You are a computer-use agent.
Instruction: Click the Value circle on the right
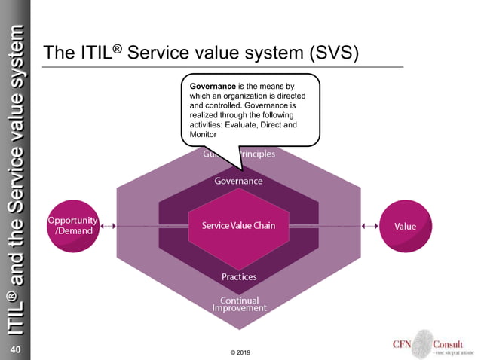(x=405, y=226)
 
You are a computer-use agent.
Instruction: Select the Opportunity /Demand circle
(x=73, y=225)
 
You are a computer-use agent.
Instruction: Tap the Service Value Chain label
(x=238, y=226)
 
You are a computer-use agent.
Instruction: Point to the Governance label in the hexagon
(x=238, y=182)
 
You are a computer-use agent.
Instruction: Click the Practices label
(x=239, y=276)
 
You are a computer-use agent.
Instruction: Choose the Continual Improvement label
(x=239, y=304)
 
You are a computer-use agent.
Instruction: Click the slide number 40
(x=14, y=350)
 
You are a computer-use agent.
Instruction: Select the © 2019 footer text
(x=240, y=352)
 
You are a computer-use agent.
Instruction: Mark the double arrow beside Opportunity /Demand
(x=109, y=225)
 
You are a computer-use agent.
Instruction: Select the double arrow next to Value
(x=370, y=225)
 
